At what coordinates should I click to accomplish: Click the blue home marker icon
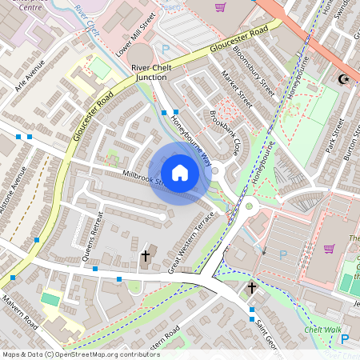coord(180,173)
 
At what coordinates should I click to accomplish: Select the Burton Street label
coord(351,143)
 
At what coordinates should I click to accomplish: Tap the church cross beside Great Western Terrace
coord(145,256)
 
